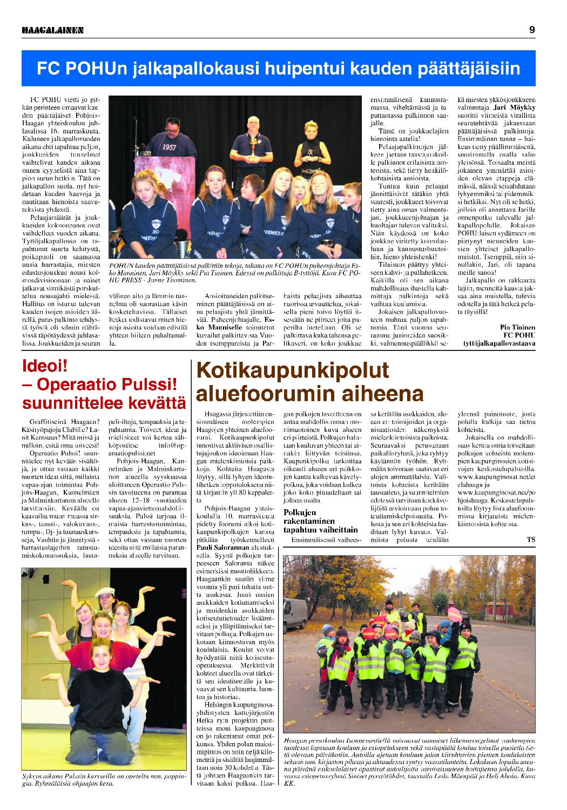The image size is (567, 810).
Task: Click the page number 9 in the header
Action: click(x=532, y=30)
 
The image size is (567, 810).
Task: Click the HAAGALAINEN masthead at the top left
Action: click(x=53, y=30)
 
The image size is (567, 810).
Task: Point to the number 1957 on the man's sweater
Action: click(x=169, y=147)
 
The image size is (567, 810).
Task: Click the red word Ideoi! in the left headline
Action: click(x=45, y=366)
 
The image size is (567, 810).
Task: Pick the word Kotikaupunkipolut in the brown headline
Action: click(x=292, y=371)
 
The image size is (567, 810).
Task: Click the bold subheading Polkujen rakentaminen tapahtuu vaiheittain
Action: click(x=320, y=521)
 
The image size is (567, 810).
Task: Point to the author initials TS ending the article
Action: click(x=531, y=539)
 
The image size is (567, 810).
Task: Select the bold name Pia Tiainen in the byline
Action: click(x=517, y=327)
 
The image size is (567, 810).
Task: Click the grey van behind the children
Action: click(x=294, y=613)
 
